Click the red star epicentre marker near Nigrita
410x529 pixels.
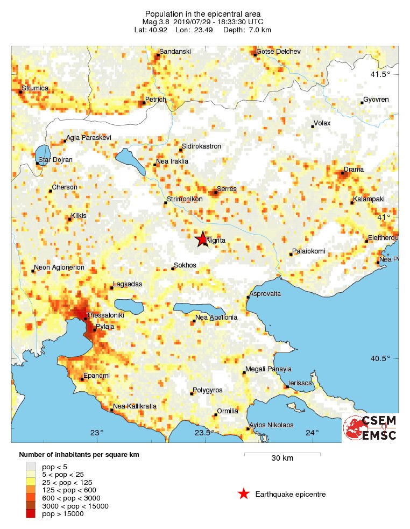tap(202, 239)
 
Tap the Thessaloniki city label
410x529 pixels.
tap(105, 315)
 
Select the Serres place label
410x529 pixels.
tap(227, 189)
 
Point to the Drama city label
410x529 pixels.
tap(354, 170)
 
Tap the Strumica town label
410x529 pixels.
tap(35, 88)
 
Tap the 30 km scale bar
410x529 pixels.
tap(282, 455)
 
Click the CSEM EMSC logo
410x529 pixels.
tap(370, 428)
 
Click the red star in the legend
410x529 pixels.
tap(244, 494)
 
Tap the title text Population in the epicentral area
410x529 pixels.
tap(202, 13)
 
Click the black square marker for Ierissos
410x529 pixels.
tap(287, 386)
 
